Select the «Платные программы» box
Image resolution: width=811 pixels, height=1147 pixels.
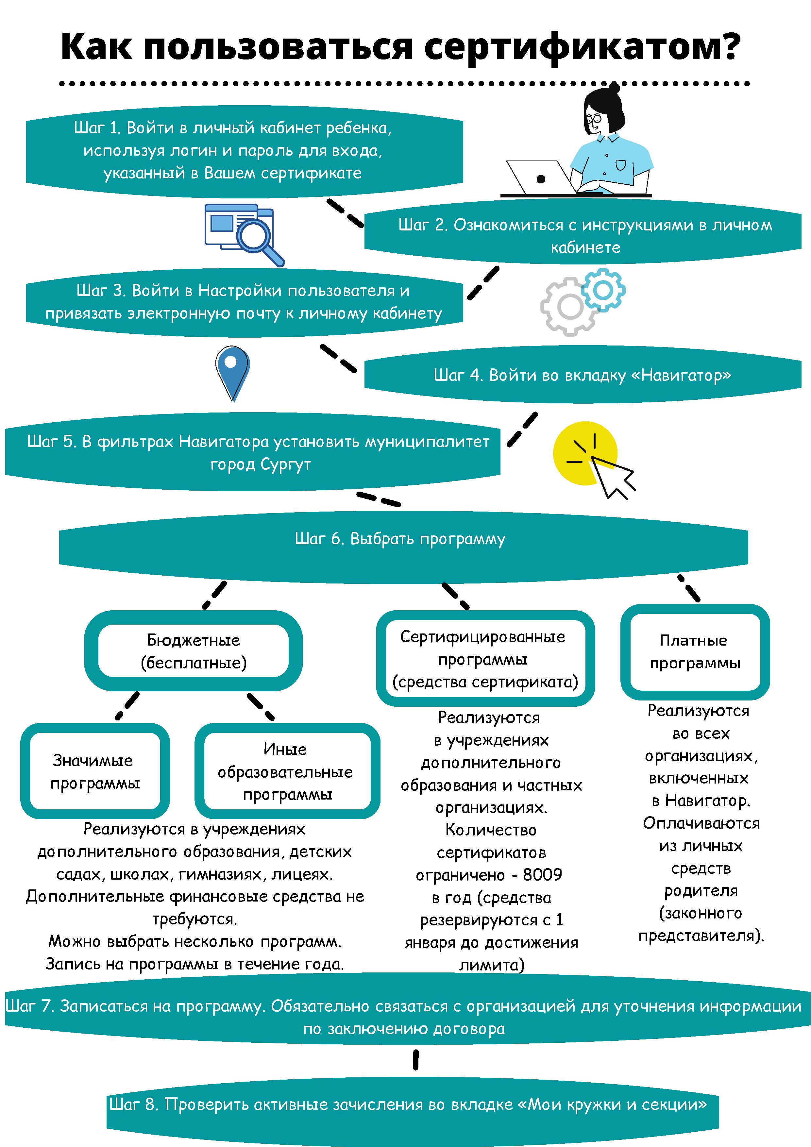(695, 652)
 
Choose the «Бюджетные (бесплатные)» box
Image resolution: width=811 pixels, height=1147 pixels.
(194, 651)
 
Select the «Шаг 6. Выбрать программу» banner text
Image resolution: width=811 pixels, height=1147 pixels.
(400, 539)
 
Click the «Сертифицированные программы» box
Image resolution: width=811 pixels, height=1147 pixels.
(485, 658)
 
